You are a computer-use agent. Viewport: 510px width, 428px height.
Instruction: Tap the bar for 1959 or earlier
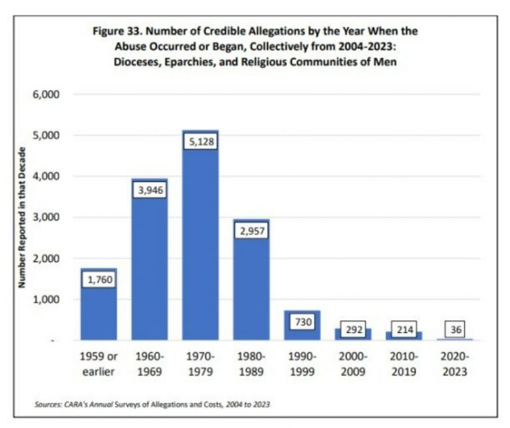99,312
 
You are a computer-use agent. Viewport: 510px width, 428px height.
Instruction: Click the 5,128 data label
201,142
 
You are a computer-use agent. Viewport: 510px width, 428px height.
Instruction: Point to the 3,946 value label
150,191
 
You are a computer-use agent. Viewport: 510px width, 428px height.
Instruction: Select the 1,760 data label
99,279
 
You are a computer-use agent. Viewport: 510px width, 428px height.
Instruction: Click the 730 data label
302,321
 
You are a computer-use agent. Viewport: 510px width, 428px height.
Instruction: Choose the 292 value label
353,330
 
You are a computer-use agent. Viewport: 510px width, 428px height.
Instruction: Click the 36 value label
454,329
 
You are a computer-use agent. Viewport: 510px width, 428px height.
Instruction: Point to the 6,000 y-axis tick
46,94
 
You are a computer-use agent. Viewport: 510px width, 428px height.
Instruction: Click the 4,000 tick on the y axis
46,176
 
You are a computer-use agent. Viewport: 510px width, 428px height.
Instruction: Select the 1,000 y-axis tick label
46,299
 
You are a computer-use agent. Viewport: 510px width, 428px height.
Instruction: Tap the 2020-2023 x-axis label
454,364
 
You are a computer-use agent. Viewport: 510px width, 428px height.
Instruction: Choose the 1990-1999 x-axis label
302,364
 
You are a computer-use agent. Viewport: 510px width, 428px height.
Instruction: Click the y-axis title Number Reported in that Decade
21,217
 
